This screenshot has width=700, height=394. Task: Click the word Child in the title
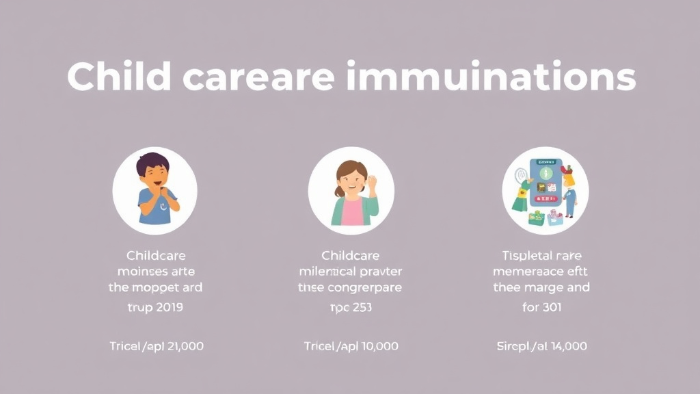[119, 77]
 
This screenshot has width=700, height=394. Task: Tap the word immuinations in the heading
[491, 77]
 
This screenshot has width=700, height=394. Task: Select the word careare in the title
[260, 77]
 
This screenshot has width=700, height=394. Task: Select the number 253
[360, 307]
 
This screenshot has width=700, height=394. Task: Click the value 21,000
[182, 346]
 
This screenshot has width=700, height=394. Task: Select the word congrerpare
[365, 287]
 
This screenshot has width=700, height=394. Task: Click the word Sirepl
[513, 346]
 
